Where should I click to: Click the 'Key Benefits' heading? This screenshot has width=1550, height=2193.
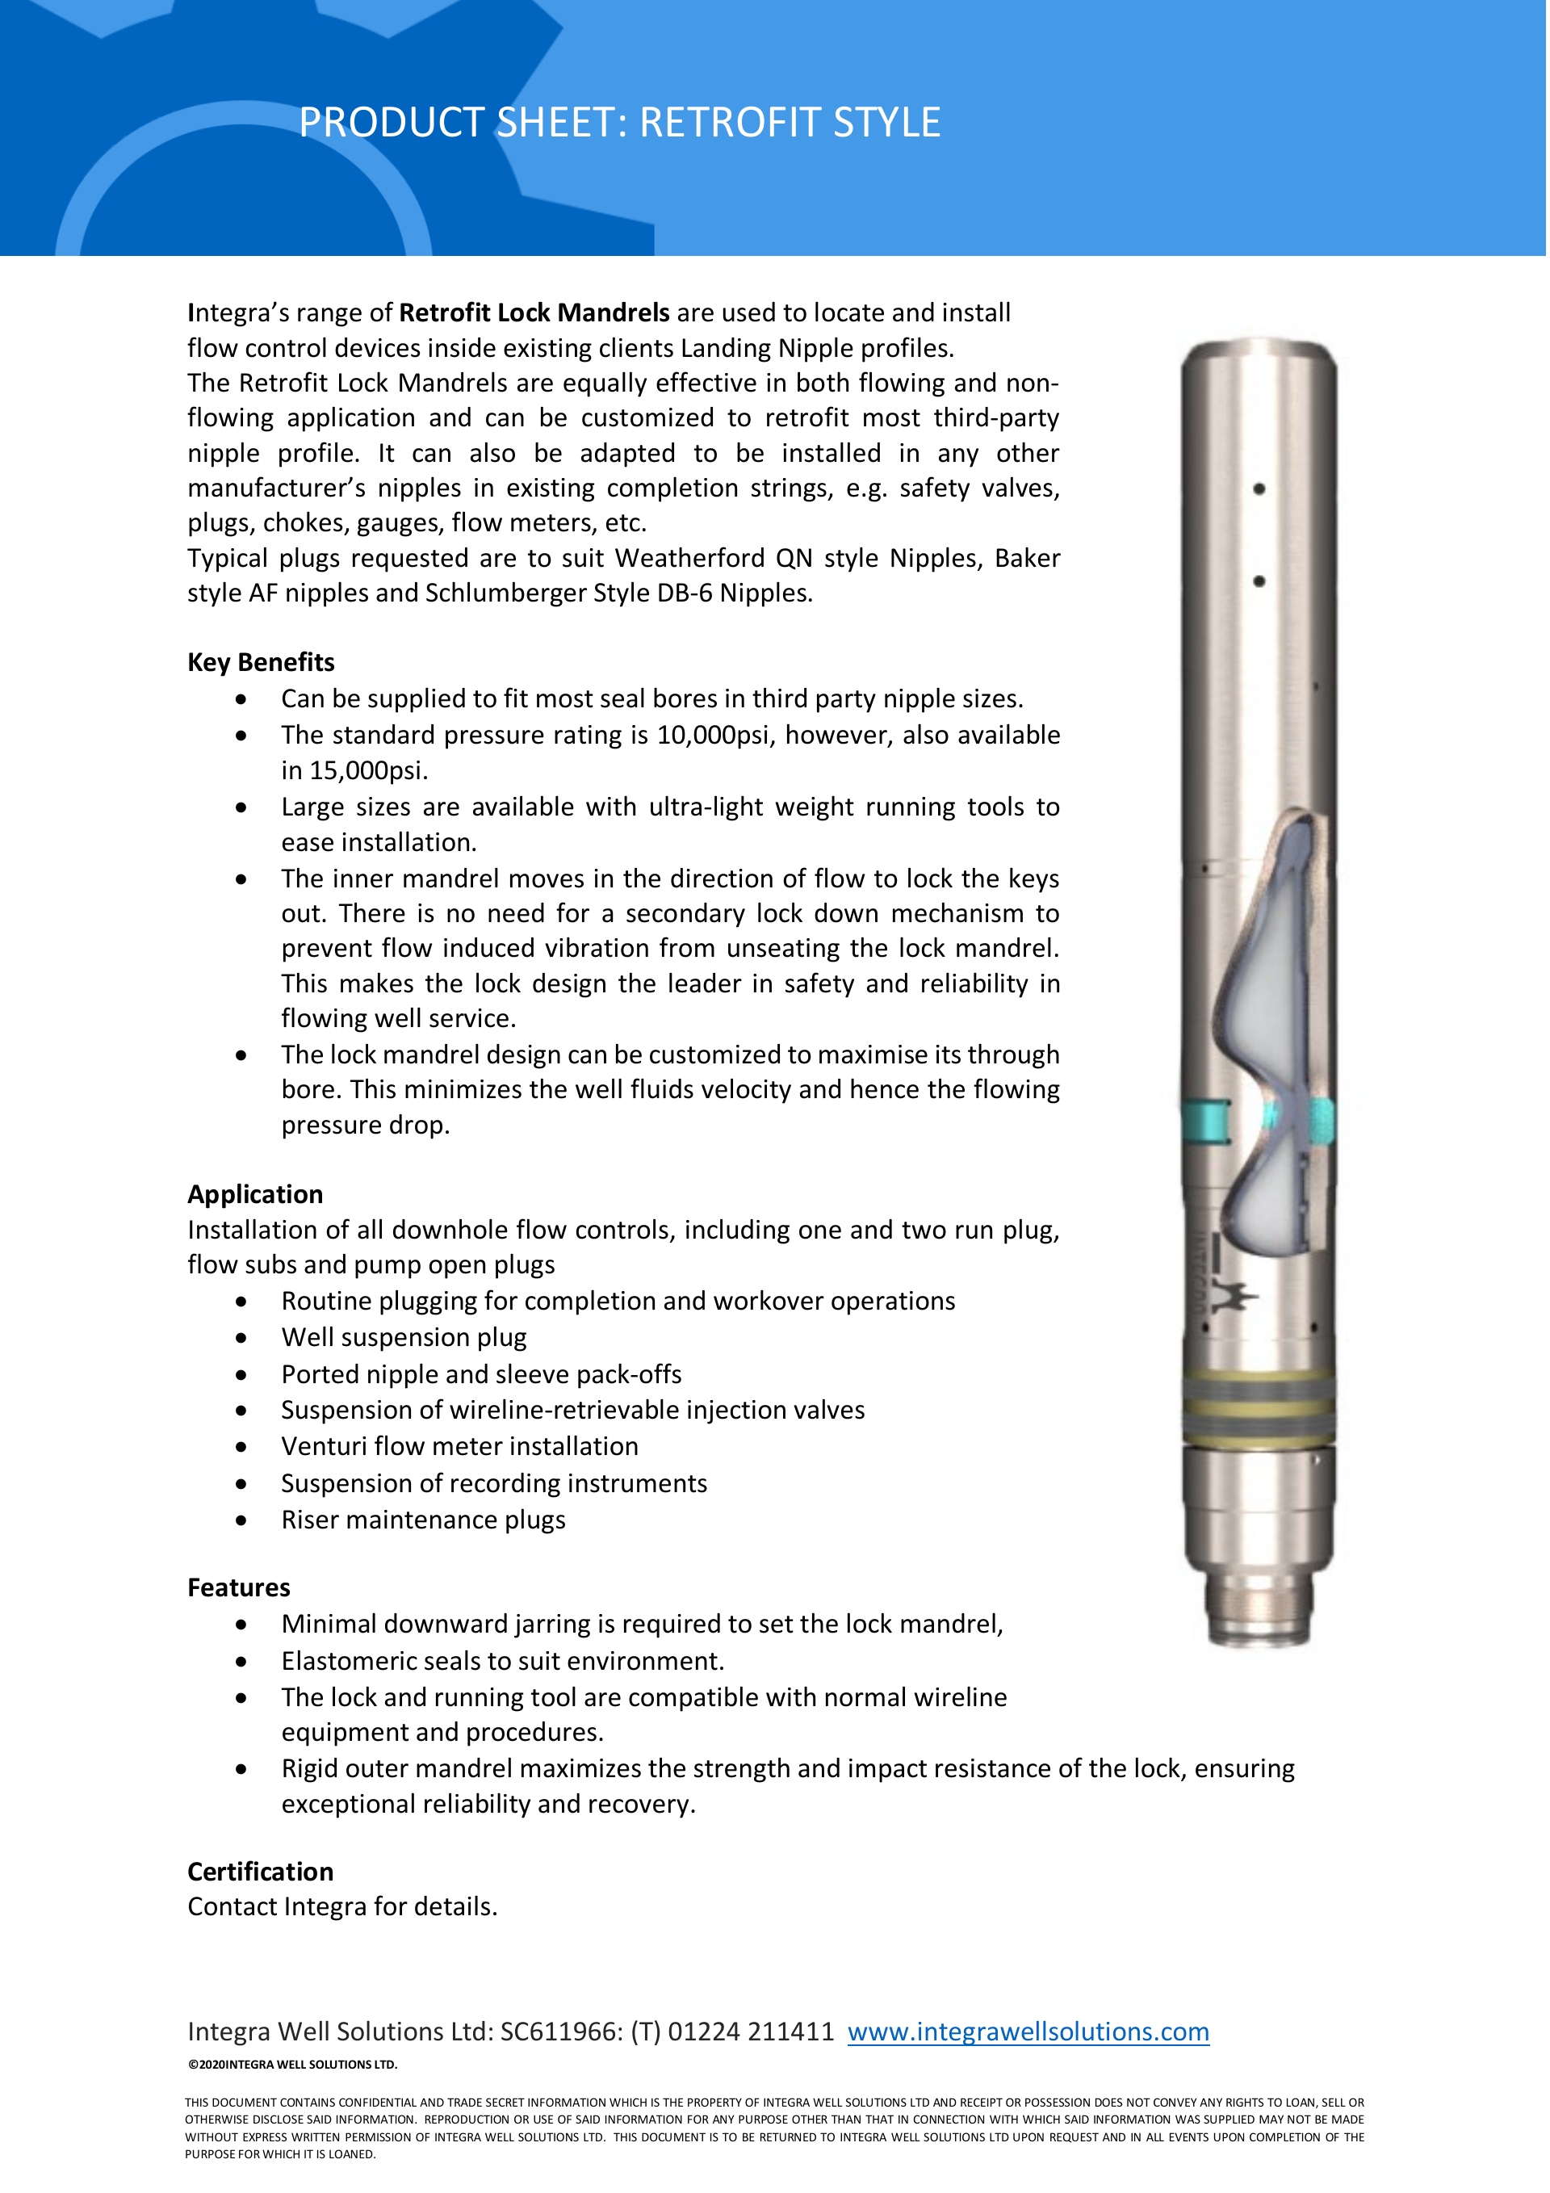click(261, 662)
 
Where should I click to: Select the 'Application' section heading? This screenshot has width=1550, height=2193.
click(255, 1194)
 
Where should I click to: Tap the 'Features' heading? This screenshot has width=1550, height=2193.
click(239, 1587)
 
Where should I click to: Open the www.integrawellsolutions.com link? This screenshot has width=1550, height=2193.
click(1028, 2032)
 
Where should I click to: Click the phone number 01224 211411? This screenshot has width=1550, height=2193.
click(751, 2032)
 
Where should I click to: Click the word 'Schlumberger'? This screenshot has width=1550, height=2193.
click(505, 593)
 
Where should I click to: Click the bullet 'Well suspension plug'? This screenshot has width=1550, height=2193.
click(404, 1337)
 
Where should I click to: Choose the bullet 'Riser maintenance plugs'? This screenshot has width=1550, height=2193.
click(423, 1520)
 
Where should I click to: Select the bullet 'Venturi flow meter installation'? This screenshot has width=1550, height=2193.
click(459, 1446)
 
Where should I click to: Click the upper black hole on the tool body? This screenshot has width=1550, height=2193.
click(1259, 489)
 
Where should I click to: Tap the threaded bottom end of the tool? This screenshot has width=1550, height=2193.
click(1259, 1614)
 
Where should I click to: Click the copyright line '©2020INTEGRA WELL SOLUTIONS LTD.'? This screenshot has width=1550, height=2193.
click(292, 2064)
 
